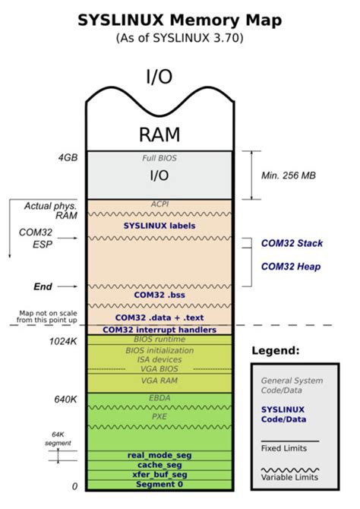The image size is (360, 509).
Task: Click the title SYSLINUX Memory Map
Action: [180, 20]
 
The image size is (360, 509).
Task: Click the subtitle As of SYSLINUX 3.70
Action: [180, 38]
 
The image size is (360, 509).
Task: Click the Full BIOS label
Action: [159, 158]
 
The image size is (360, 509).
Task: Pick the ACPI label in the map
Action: [159, 204]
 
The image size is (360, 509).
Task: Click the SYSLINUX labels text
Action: [159, 226]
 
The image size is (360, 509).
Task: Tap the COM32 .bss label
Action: [159, 294]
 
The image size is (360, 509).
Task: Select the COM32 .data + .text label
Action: [159, 317]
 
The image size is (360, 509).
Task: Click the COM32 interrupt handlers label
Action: [159, 330]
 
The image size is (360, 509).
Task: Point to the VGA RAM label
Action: [159, 379]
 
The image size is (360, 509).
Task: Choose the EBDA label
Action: [159, 397]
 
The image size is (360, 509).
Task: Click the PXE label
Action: [159, 416]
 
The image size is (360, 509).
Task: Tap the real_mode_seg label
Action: [159, 454]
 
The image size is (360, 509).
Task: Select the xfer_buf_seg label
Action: [159, 474]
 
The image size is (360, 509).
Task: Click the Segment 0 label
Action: [159, 485]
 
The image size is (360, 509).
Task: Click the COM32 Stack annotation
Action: [292, 243]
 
